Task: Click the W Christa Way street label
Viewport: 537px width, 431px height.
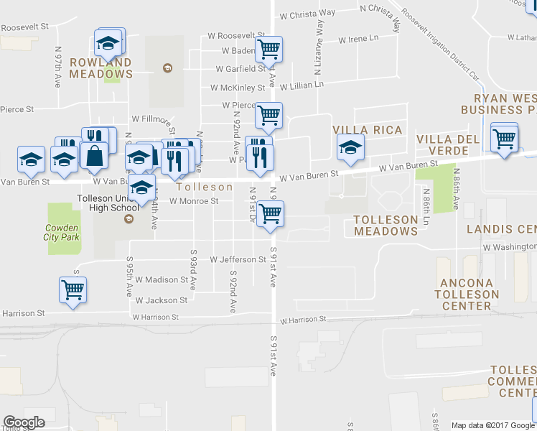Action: (x=308, y=13)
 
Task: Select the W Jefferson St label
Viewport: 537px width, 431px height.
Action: (x=238, y=259)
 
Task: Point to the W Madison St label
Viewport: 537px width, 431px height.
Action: (x=161, y=279)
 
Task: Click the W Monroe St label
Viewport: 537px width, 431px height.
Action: (x=194, y=201)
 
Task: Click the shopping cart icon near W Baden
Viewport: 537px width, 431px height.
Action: (x=268, y=49)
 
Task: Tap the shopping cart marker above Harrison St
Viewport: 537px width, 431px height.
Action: (x=73, y=289)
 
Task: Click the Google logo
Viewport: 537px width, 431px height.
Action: (x=24, y=422)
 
